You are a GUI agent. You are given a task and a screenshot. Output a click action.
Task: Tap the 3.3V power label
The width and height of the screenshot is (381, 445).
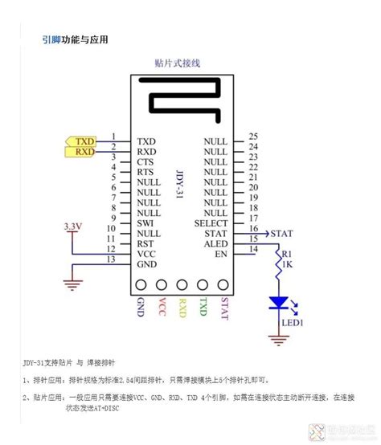73,227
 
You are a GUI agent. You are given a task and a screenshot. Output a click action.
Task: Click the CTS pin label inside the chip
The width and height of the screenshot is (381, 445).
145,161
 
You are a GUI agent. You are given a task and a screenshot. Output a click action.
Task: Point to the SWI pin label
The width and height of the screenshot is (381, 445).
145,222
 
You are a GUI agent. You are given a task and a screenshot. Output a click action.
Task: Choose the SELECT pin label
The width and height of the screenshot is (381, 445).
213,222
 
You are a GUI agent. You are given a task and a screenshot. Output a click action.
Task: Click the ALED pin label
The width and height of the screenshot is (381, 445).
215,243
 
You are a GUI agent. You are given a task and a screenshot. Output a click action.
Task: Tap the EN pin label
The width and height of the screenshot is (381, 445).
221,253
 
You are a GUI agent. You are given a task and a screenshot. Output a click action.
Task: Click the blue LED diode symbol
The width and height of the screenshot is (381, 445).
277,303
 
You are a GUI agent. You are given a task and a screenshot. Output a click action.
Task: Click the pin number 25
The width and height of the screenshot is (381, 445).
252,137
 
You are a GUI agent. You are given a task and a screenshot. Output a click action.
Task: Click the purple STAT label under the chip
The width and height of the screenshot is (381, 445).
223,309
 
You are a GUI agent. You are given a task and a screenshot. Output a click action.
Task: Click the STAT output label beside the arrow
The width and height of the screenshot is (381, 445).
281,234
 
